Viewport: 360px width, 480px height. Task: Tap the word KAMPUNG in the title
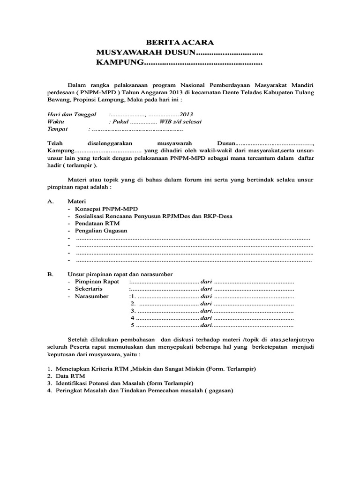click(x=119, y=63)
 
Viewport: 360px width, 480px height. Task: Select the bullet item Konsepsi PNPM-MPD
click(x=107, y=208)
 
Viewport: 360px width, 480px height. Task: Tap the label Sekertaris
click(x=90, y=289)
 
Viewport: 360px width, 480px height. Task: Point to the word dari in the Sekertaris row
click(x=206, y=289)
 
